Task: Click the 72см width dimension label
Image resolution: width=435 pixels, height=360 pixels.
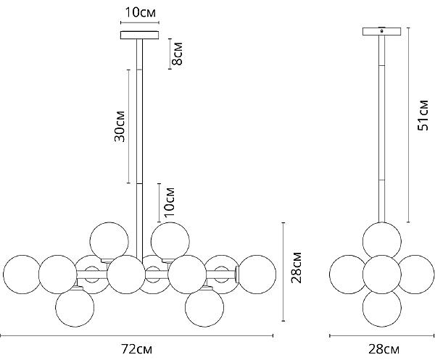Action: tap(137, 349)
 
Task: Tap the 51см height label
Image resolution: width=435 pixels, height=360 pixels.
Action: tap(423, 115)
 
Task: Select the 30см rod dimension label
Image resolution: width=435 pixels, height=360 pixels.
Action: tap(120, 126)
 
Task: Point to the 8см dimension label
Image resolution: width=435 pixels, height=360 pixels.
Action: tap(177, 54)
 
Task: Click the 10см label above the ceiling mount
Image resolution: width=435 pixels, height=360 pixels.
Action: tap(141, 12)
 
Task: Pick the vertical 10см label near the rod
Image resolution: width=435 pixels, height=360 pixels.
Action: tap(169, 202)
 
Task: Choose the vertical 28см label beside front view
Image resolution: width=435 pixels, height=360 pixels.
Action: tap(296, 267)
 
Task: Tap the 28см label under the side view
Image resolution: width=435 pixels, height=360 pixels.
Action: tap(384, 349)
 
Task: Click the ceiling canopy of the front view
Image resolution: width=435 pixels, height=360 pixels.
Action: tap(139, 35)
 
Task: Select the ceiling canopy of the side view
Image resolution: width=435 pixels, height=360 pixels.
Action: tap(382, 32)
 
